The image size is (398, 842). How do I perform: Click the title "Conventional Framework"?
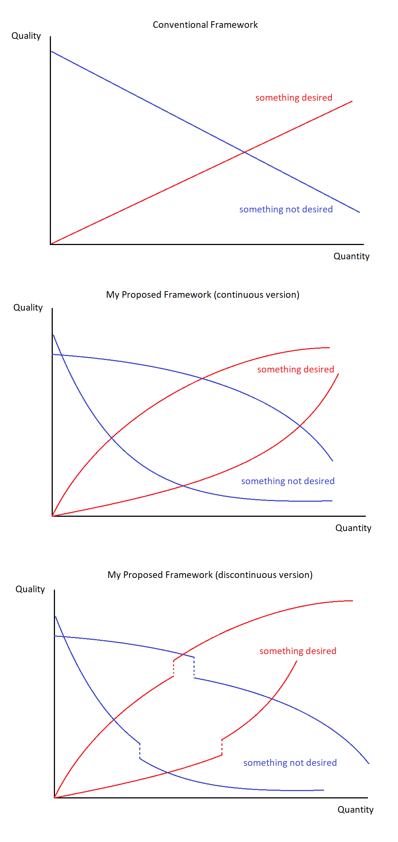(x=205, y=25)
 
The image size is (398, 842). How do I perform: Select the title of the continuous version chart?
(x=203, y=295)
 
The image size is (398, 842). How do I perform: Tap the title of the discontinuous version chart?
(x=210, y=575)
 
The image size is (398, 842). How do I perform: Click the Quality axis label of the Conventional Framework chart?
(x=26, y=36)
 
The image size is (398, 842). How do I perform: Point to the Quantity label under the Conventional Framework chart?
(x=351, y=256)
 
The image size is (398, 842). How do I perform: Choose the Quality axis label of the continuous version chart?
(x=28, y=308)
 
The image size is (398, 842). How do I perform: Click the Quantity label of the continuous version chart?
(x=353, y=528)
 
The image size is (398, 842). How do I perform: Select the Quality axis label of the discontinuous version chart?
(x=30, y=589)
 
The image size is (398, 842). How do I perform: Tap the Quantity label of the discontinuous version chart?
(x=355, y=810)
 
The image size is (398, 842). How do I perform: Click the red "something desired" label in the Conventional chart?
(x=294, y=98)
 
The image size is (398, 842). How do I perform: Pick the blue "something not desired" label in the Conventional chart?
(x=286, y=209)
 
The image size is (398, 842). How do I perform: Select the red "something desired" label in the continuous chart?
(x=296, y=370)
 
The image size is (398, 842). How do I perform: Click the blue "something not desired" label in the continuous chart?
(x=288, y=481)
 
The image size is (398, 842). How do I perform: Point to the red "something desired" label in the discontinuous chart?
(x=298, y=651)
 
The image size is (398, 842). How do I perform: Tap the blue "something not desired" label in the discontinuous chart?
(x=290, y=763)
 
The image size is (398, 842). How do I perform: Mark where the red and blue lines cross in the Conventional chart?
(x=244, y=152)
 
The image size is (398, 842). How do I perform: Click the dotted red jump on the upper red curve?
(x=173, y=668)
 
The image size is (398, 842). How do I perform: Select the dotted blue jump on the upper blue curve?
(x=194, y=668)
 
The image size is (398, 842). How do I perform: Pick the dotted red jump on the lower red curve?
(x=222, y=748)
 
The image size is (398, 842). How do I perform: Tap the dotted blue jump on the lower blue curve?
(x=140, y=751)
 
